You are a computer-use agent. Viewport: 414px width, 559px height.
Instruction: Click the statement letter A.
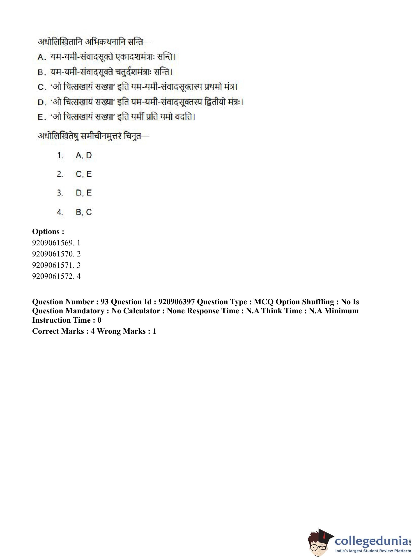41,57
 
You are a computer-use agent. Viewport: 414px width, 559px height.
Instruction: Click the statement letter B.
41,72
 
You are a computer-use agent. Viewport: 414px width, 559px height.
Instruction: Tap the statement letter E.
41,117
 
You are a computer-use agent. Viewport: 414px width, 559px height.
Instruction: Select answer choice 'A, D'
84,155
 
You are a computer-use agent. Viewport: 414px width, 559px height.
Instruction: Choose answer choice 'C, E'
84,174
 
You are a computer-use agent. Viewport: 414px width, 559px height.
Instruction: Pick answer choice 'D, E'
84,193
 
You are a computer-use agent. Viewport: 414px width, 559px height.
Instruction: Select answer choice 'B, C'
84,212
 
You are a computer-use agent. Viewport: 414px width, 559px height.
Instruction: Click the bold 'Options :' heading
48,232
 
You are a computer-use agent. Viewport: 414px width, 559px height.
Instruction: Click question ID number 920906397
176,302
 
